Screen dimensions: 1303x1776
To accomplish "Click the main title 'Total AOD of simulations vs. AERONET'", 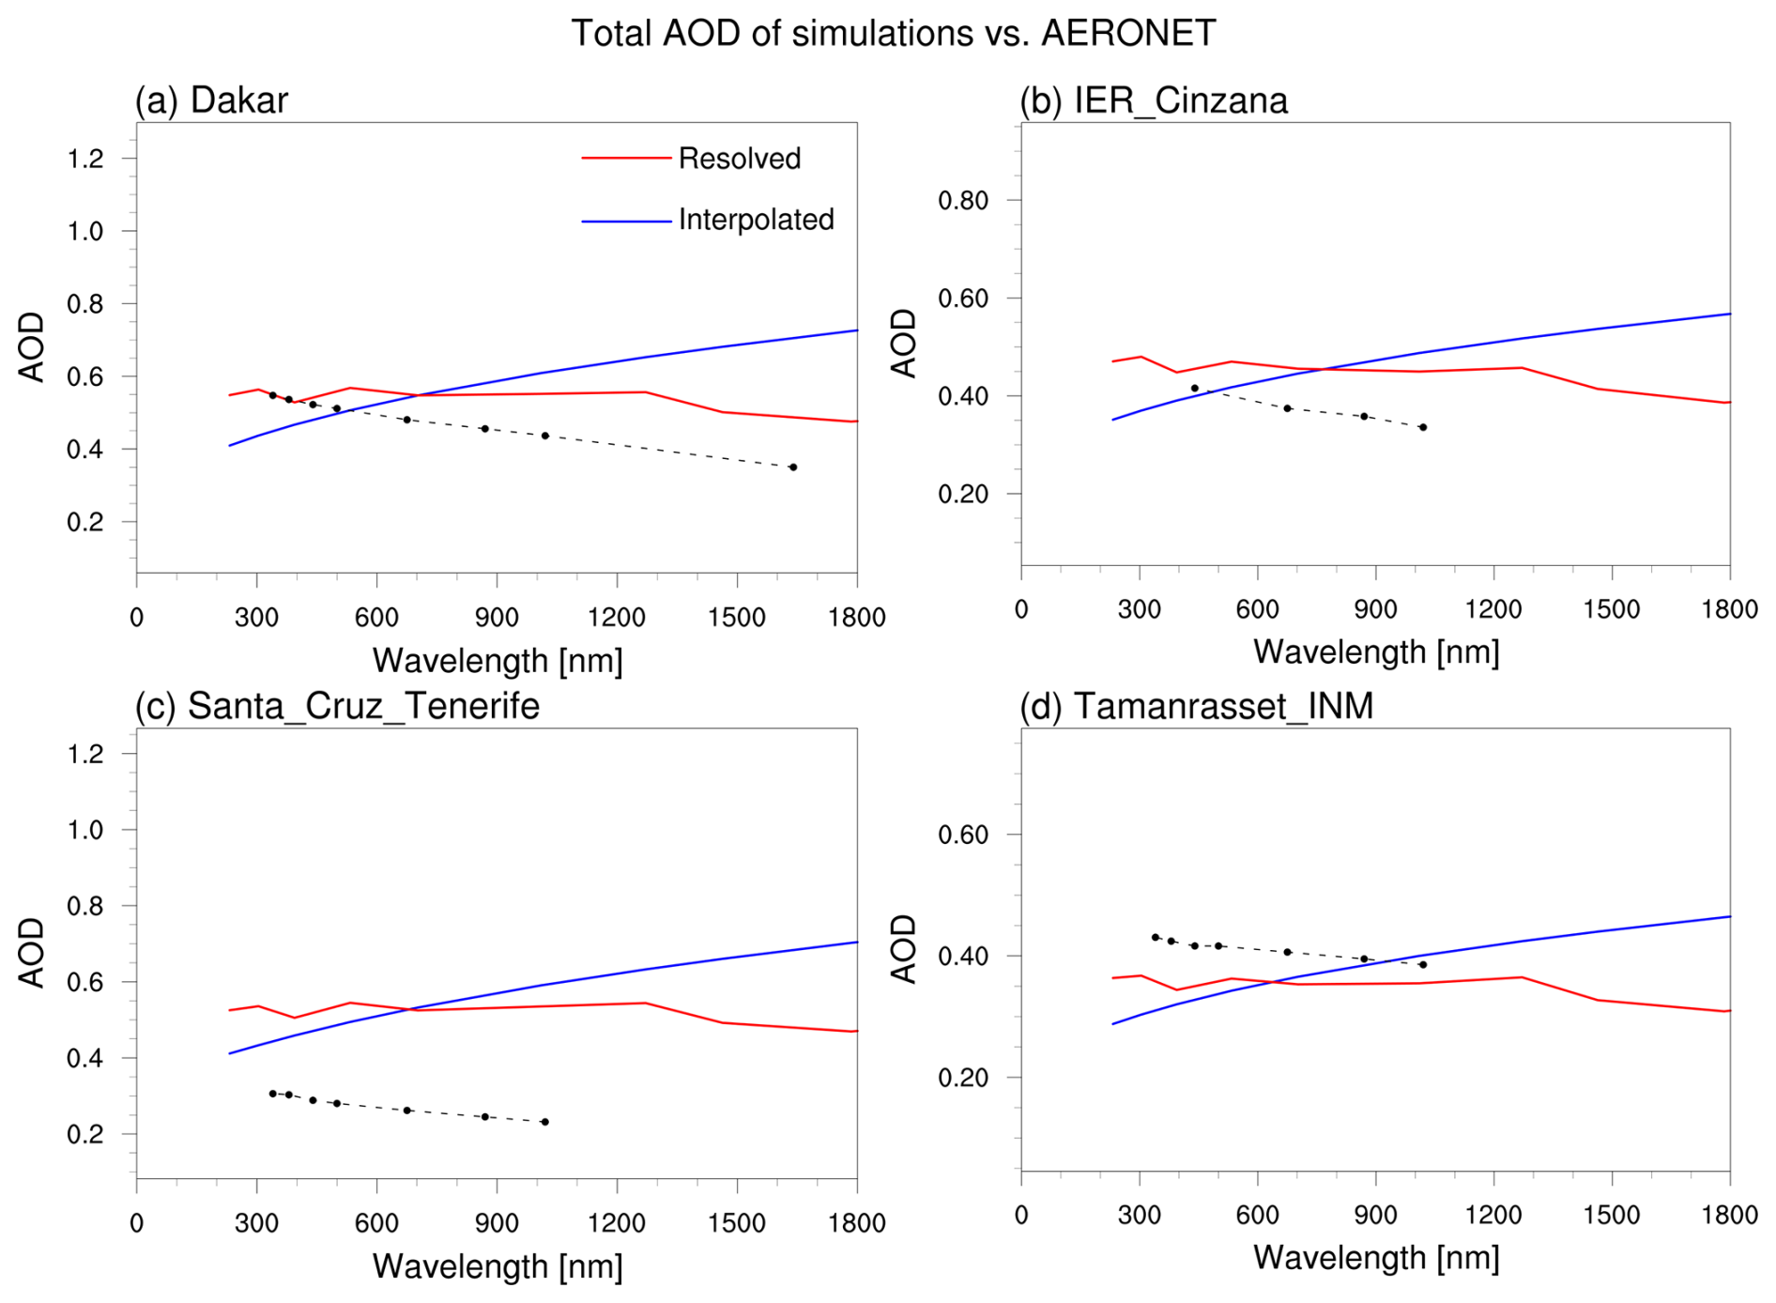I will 893,33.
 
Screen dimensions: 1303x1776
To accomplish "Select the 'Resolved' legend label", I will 739,159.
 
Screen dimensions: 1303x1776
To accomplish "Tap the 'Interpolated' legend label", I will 756,220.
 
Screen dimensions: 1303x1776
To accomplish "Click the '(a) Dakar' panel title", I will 211,100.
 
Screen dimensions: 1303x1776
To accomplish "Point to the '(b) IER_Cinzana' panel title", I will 1153,100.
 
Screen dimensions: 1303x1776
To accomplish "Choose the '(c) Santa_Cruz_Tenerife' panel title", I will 337,706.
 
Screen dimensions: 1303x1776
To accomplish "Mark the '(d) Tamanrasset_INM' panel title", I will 1196,706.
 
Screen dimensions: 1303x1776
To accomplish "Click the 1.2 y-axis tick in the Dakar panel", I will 85,159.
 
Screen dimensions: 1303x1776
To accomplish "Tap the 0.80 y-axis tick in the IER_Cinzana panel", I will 963,200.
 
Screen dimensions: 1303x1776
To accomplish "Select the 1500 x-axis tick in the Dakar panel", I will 737,618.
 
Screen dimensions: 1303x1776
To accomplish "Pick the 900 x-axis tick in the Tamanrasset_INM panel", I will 1375,1215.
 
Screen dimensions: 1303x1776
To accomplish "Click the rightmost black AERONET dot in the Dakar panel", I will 793,467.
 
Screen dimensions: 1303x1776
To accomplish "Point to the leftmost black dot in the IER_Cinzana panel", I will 1194,388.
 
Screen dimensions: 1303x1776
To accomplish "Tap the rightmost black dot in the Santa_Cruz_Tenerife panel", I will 545,1122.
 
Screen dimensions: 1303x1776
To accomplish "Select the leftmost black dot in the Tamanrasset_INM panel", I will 1156,937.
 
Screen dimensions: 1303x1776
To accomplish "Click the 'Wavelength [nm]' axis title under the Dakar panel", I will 498,661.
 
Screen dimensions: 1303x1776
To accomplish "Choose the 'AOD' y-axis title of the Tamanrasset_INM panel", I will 903,948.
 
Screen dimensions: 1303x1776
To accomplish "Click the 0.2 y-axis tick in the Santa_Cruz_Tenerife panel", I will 85,1134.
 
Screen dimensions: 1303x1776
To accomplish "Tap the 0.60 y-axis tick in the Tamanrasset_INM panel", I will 963,835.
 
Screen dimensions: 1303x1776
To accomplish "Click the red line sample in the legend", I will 626,159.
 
